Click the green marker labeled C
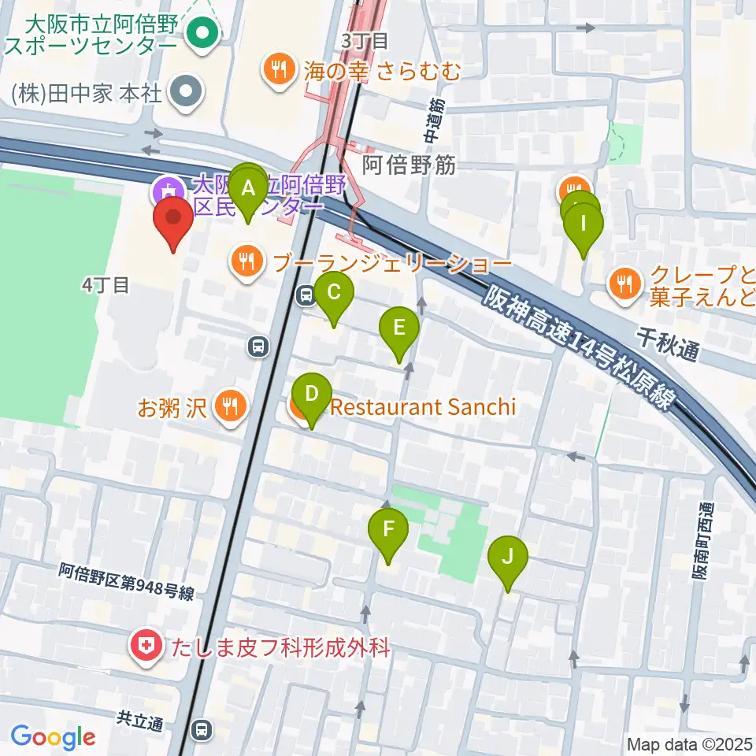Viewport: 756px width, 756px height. pyautogui.click(x=334, y=294)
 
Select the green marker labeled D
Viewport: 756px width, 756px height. pyautogui.click(x=312, y=395)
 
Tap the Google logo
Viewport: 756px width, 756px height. pyautogui.click(x=53, y=738)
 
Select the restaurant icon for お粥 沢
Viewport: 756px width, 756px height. pyautogui.click(x=230, y=406)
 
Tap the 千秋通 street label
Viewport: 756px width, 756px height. pyautogui.click(x=668, y=345)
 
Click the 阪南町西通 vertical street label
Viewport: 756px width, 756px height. pyautogui.click(x=701, y=543)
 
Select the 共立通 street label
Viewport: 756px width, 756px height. pyautogui.click(x=139, y=719)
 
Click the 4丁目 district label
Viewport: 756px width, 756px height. pyautogui.click(x=105, y=285)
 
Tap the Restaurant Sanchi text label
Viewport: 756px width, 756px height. pyautogui.click(x=423, y=407)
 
